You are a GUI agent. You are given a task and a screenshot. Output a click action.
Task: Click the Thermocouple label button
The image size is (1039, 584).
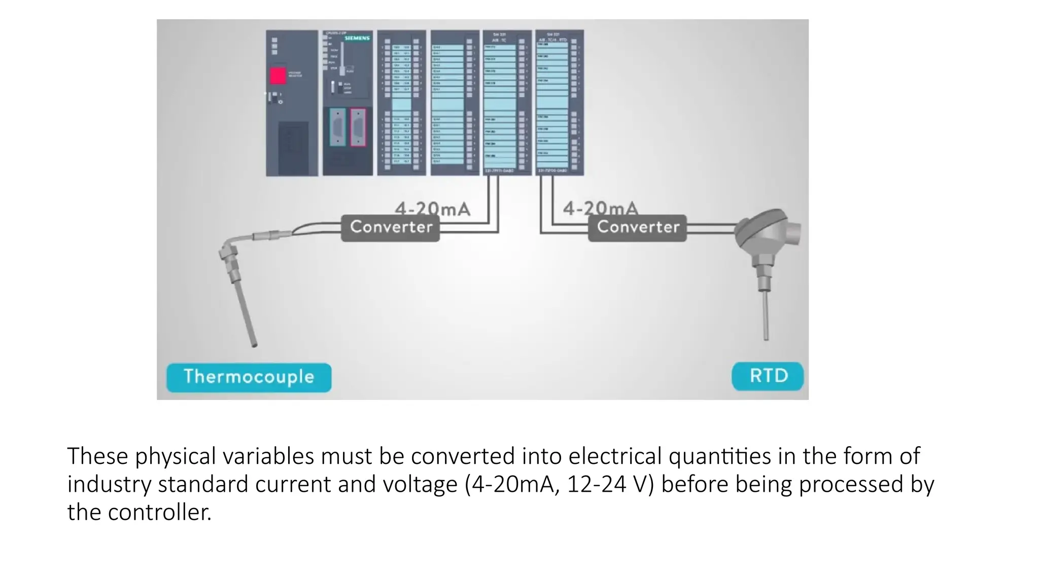(249, 377)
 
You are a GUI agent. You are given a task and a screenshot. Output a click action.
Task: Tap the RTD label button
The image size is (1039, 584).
(768, 376)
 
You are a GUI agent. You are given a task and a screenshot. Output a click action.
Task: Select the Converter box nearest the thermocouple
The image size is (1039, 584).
(390, 227)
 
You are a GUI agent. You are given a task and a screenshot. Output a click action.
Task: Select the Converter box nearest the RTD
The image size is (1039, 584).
(637, 227)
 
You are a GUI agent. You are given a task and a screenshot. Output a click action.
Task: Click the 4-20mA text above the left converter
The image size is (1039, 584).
(432, 208)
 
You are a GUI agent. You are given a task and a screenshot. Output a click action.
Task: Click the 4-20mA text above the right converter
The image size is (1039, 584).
(600, 208)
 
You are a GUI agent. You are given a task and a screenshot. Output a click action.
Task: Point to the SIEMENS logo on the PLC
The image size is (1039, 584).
(357, 38)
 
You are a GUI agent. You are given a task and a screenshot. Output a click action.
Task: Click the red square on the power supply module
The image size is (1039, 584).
(278, 76)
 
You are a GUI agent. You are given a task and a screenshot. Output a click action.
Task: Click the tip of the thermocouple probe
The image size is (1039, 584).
(254, 345)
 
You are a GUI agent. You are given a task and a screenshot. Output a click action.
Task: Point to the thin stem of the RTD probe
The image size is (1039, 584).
(766, 314)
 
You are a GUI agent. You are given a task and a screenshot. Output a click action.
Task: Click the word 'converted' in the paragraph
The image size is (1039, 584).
(463, 456)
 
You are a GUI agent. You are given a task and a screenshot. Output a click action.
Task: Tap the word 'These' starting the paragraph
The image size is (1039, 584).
(97, 456)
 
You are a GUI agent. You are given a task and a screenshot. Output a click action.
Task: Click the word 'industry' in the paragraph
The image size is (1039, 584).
(109, 484)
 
